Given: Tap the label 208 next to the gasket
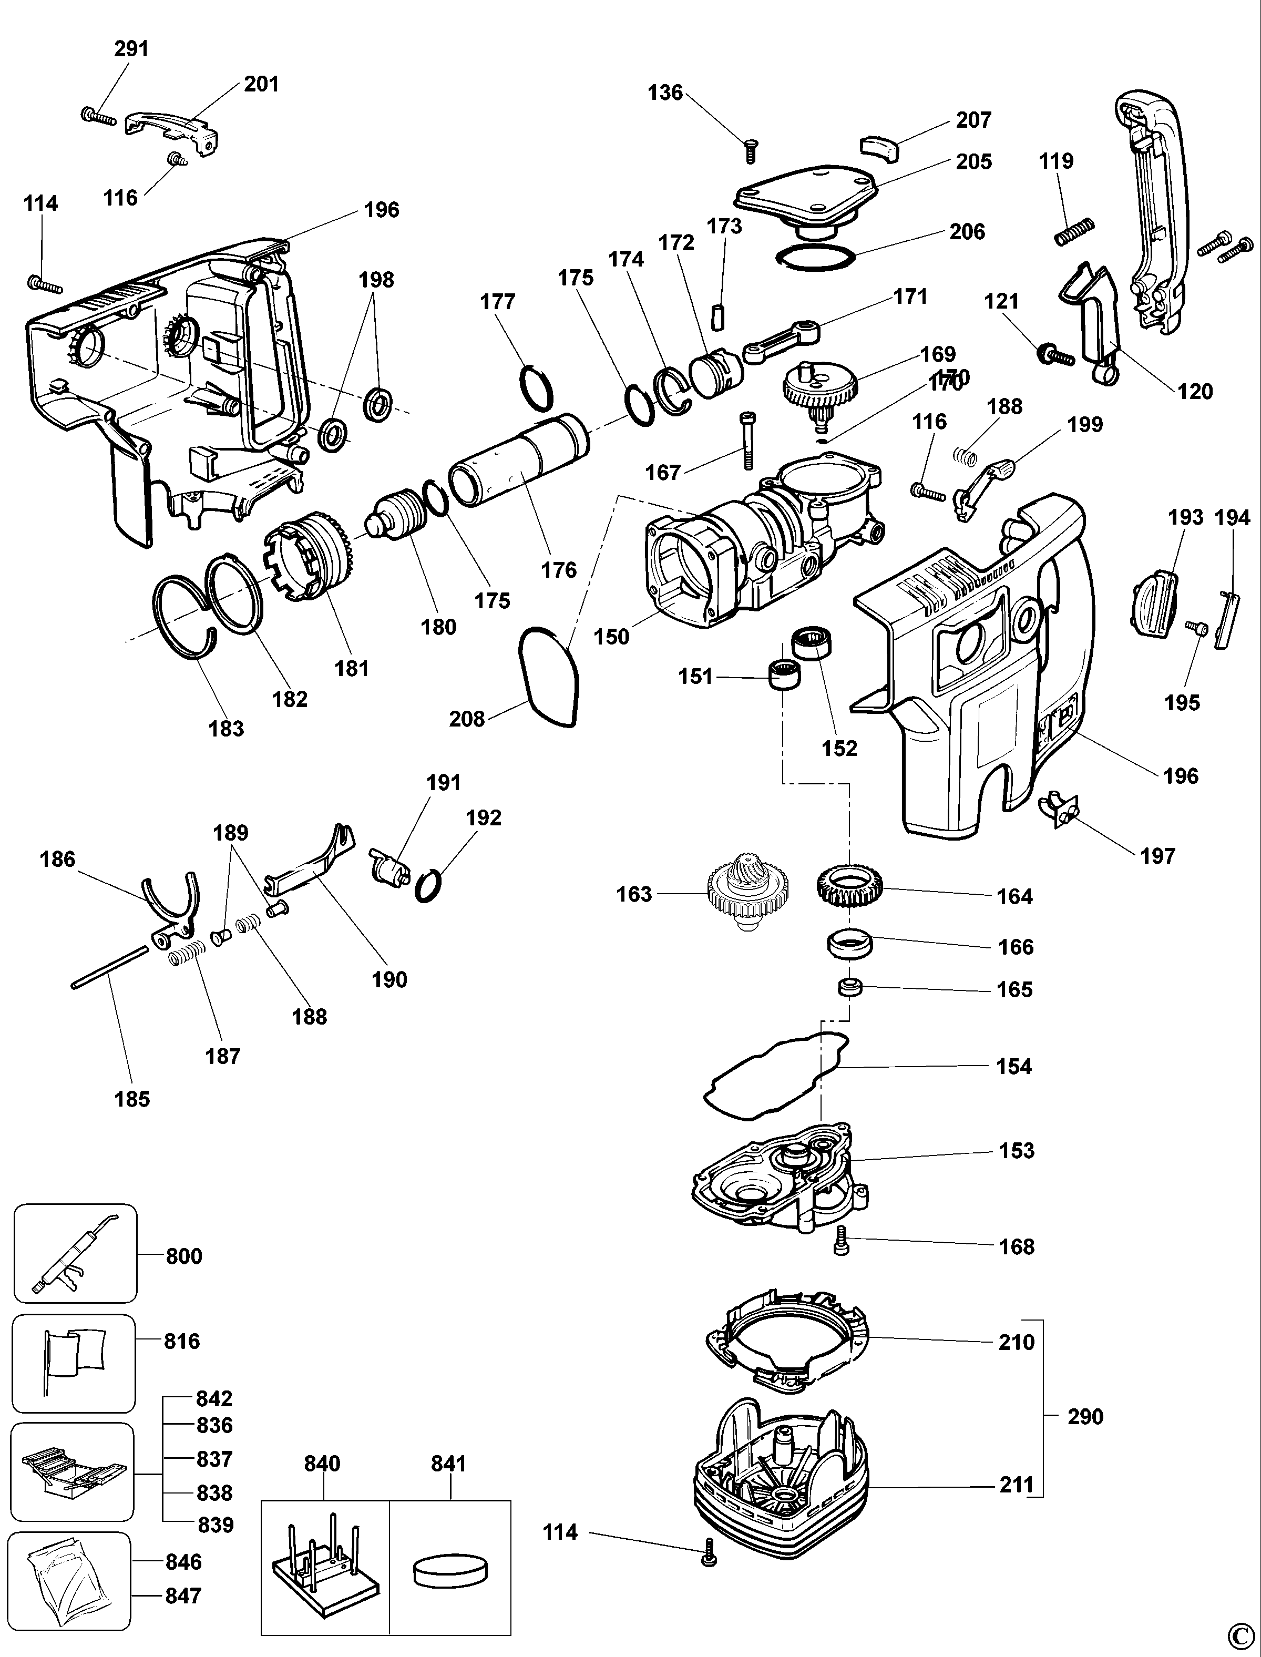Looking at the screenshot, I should pyautogui.click(x=467, y=719).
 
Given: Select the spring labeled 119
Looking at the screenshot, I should pyautogui.click(x=1074, y=232).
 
